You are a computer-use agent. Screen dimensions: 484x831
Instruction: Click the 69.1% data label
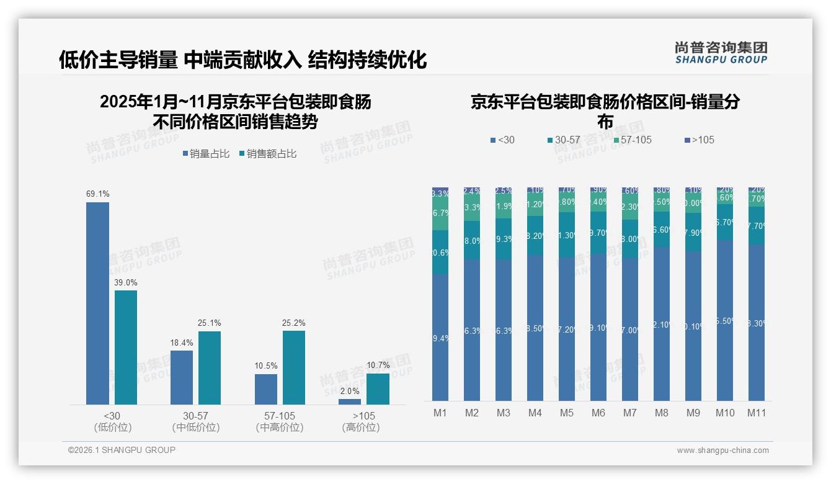pos(97,194)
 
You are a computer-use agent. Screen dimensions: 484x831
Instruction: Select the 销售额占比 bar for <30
pos(126,347)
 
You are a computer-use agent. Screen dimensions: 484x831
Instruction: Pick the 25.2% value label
pos(294,323)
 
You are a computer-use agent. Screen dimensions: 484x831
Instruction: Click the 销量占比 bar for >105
pos(350,401)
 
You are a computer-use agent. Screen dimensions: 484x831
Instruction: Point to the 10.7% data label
pos(378,365)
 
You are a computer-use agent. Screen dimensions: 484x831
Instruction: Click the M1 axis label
pos(440,413)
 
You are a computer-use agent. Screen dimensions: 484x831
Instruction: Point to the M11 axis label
pos(756,413)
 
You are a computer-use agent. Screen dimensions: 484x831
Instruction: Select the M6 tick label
pos(598,413)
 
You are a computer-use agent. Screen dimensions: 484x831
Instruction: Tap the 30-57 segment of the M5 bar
pos(566,235)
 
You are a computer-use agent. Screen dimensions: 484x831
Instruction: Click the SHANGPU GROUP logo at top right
pos(721,53)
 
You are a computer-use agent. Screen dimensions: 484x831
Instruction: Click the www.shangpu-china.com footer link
pos(722,450)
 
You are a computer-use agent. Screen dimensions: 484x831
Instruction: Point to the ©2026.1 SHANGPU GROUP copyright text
pos(122,450)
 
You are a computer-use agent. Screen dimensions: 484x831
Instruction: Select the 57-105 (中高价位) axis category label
pos(280,421)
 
